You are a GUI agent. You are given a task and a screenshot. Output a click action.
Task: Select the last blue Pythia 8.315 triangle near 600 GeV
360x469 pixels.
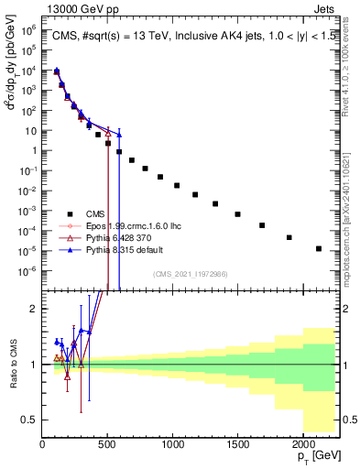pos(120,135)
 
